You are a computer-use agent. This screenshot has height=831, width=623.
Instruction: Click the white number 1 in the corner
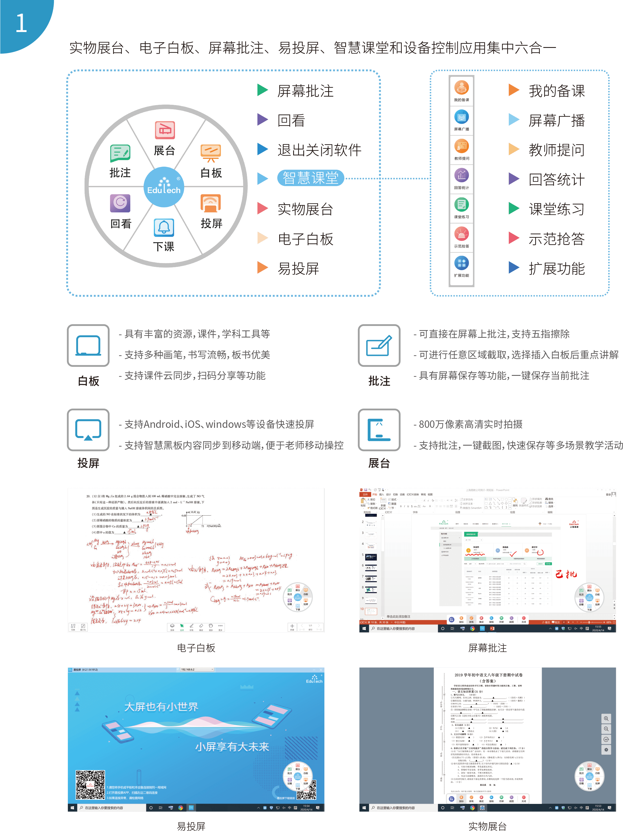point(21,23)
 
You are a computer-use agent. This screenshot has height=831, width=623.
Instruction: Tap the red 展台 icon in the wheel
point(165,130)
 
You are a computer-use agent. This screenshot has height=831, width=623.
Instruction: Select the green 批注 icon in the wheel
point(120,153)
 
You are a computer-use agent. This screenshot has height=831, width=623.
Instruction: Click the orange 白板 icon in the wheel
point(211,153)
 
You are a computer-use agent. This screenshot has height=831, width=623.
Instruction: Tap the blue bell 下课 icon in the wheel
point(164,227)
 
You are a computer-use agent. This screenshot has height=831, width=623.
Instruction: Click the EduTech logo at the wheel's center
point(164,187)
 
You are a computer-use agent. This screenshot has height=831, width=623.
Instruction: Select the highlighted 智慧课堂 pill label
point(310,178)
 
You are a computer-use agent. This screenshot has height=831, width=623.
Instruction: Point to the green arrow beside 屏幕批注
point(262,90)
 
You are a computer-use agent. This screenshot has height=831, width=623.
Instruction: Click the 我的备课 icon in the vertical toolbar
point(462,88)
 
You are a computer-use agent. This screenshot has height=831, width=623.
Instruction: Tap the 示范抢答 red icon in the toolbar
point(462,234)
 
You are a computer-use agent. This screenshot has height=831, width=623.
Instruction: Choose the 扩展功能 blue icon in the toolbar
point(462,263)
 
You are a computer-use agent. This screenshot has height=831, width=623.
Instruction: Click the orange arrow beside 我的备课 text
point(514,90)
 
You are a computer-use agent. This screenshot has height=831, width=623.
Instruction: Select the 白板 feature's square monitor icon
point(88,345)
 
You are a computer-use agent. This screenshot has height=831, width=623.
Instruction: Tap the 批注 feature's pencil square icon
point(379,345)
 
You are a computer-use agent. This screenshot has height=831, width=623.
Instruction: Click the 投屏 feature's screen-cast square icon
point(88,429)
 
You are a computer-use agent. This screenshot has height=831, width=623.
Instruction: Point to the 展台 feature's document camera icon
point(379,429)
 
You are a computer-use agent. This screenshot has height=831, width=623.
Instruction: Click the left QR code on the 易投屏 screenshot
point(90,785)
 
